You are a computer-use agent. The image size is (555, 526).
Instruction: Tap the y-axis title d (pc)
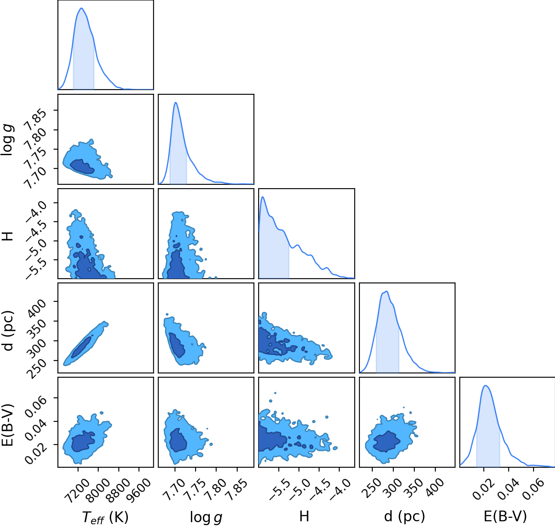(x=8, y=331)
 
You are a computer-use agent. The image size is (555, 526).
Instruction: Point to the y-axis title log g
(x=8, y=140)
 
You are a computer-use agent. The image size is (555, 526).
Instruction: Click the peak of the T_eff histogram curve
(x=81, y=8)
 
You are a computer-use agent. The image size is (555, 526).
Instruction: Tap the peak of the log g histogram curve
(x=176, y=102)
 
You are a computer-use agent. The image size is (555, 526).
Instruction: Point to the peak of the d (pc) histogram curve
(x=386, y=291)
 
